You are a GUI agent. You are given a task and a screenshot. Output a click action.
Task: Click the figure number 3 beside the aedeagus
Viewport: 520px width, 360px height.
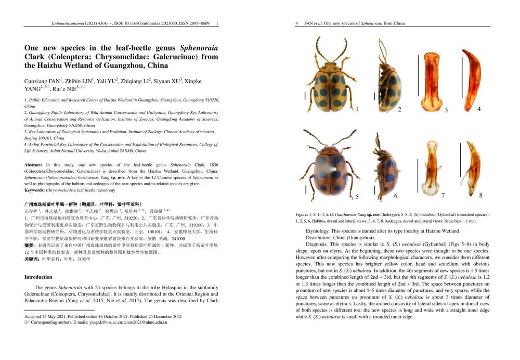[446, 110]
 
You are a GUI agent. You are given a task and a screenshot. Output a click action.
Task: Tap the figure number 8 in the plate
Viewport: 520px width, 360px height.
[480, 195]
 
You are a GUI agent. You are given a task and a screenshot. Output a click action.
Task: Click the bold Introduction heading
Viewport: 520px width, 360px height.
[38, 277]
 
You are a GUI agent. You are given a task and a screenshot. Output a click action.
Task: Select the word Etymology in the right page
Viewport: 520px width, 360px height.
[320, 230]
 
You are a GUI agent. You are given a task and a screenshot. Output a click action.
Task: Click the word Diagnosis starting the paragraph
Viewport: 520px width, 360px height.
[319, 244]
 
